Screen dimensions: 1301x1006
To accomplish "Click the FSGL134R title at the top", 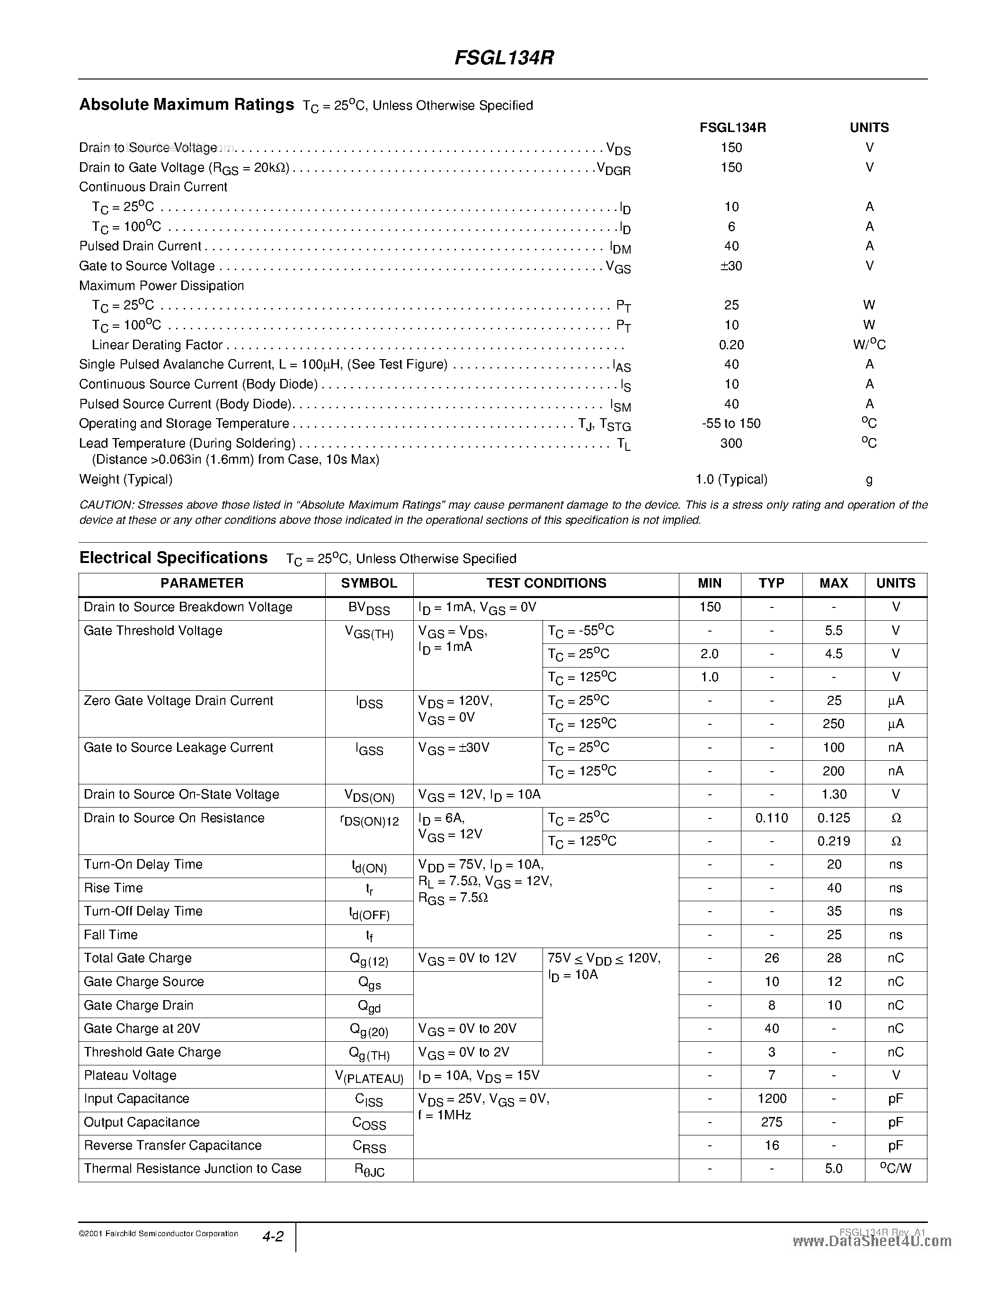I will (504, 58).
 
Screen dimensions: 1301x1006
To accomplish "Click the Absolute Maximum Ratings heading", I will (187, 105).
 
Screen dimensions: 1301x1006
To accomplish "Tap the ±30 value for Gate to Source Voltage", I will (731, 266).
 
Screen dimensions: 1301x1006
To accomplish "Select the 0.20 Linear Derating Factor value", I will (731, 345).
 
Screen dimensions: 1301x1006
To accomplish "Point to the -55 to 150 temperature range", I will (731, 423).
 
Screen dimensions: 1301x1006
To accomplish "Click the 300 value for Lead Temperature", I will (731, 443).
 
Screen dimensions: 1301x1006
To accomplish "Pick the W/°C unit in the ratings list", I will (869, 345).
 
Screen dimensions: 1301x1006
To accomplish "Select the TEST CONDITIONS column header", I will (546, 583).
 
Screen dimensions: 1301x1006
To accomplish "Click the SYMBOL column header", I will (369, 583).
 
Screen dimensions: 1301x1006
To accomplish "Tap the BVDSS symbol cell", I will (369, 608).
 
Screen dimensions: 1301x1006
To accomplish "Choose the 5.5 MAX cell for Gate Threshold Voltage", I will (833, 631).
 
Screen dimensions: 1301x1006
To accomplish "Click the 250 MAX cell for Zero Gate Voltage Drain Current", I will (833, 724).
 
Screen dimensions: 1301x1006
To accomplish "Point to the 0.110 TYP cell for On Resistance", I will (771, 818).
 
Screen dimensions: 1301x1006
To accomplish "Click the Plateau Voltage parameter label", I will (130, 1076).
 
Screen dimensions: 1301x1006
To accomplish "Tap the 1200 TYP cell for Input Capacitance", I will (771, 1099).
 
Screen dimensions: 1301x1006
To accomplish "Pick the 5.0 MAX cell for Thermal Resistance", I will (833, 1169).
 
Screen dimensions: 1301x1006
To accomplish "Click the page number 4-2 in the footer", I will (272, 1237).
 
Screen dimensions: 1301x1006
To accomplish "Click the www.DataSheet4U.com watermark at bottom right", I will (872, 1241).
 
